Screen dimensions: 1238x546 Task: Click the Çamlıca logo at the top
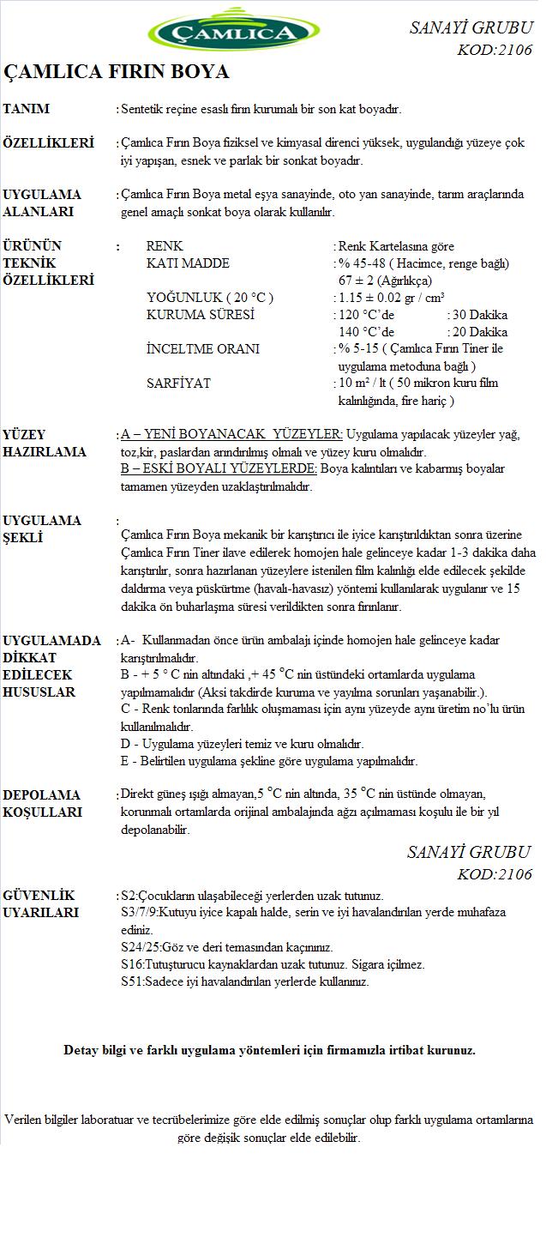coord(233,33)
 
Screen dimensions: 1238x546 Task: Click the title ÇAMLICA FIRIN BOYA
coord(117,72)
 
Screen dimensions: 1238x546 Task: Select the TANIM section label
coord(27,109)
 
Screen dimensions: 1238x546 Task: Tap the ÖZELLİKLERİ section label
coord(49,143)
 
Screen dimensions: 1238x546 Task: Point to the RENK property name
coord(165,246)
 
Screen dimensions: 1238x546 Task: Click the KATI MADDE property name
coord(188,263)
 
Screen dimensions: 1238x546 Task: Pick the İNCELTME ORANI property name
coord(203,349)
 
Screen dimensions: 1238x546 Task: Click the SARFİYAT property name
coord(178,383)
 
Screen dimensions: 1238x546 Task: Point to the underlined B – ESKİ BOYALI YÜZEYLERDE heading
coord(219,469)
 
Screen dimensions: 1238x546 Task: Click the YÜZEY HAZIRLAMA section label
coord(45,444)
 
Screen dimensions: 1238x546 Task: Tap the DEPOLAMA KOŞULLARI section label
coord(43,803)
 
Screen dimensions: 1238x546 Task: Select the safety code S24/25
coord(141,947)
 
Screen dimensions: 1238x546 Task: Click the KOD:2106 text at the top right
coord(495,51)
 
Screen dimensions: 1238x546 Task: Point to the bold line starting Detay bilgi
coord(269,1050)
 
